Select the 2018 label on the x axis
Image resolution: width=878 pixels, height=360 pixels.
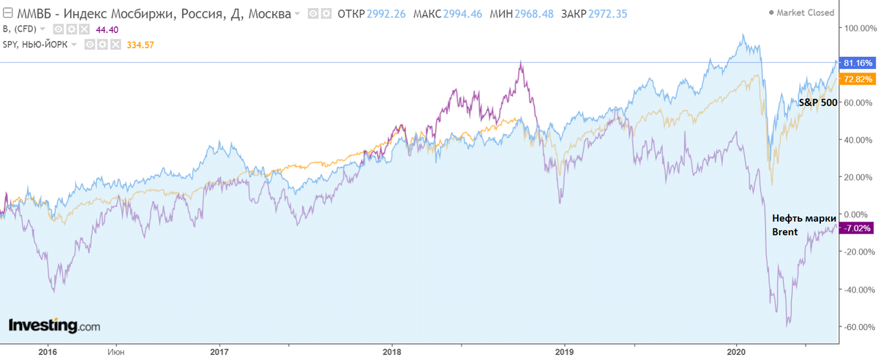point(391,350)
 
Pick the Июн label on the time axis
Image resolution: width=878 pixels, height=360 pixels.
point(116,350)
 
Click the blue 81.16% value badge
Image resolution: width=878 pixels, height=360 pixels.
point(855,63)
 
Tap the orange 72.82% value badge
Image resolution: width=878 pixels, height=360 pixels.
point(855,78)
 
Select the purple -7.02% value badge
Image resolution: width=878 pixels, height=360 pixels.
point(855,228)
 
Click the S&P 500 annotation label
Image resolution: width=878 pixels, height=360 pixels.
point(817,102)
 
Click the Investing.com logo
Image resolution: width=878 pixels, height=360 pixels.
point(54,326)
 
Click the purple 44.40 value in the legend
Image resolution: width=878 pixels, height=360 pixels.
point(106,29)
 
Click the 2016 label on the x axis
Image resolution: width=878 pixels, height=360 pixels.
point(48,350)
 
